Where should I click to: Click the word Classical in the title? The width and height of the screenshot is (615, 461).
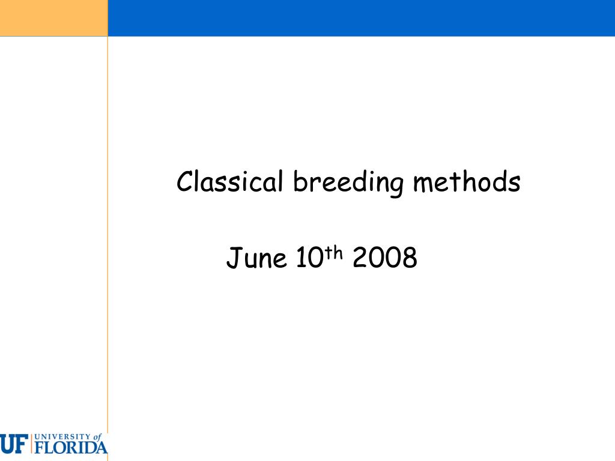[229, 181]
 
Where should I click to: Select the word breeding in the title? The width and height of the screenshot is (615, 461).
[348, 182]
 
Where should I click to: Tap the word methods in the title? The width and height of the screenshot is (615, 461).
[467, 181]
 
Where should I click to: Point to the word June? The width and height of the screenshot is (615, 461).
[256, 258]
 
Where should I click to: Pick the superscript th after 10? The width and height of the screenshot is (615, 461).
[334, 253]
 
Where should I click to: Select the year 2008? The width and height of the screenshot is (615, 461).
[385, 257]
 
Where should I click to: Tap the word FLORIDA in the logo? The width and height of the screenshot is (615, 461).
[71, 447]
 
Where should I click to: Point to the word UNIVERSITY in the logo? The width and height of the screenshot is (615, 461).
[62, 436]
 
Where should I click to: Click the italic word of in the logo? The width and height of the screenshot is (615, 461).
[97, 436]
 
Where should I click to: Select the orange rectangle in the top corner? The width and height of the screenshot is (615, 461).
[53, 18]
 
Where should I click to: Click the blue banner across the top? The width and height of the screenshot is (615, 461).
[361, 18]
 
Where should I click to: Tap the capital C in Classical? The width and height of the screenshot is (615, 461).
[186, 181]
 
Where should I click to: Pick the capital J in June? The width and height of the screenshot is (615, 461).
[233, 257]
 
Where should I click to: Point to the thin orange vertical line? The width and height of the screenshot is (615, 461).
[108, 235]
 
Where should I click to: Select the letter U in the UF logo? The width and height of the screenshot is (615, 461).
[7, 444]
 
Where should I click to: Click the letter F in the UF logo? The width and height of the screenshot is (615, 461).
[22, 444]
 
